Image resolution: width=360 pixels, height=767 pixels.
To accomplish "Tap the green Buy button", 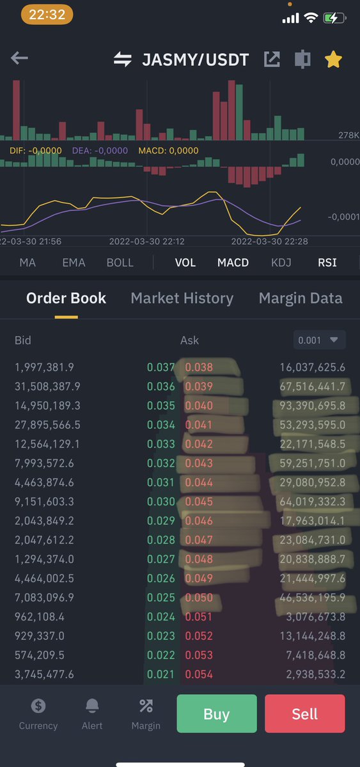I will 216,714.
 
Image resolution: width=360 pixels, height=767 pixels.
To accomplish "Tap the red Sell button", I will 304,714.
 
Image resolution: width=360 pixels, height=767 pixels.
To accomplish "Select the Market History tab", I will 182,298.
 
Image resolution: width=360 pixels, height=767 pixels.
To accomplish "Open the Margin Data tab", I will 301,298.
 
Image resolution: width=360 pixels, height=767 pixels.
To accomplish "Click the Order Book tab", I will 66,298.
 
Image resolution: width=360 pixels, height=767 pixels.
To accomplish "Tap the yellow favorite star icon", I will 333,59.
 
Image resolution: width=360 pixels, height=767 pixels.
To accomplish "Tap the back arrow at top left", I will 19,59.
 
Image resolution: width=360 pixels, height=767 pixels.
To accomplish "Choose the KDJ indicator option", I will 281,263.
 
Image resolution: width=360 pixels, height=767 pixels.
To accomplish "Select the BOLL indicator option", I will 120,263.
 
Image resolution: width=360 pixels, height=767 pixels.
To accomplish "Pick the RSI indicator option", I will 327,263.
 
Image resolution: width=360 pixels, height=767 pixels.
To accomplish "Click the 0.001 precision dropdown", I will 319,341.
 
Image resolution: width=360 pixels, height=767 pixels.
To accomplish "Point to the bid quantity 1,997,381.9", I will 44,367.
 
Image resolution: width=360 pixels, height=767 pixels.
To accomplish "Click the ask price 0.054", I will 199,674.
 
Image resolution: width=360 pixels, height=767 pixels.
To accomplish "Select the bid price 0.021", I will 160,674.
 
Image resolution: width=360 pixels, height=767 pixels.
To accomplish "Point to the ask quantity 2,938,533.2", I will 313,674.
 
